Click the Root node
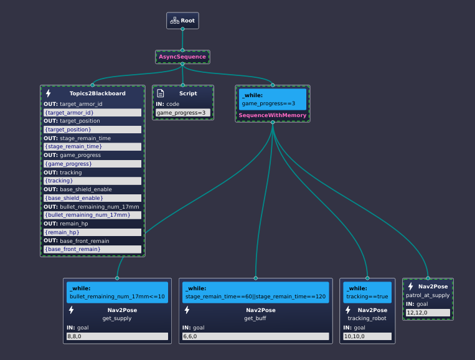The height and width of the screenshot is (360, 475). pyautogui.click(x=182, y=21)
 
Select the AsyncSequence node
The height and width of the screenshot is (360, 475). pyautogui.click(x=182, y=57)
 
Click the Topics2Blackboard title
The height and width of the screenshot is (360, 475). pyautogui.click(x=98, y=93)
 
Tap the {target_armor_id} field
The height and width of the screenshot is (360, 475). pyautogui.click(x=92, y=113)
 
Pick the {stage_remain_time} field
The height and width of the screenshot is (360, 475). pyautogui.click(x=92, y=146)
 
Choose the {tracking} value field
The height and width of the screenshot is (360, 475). pyautogui.click(x=92, y=181)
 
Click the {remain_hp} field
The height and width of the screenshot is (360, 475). pyautogui.click(x=92, y=232)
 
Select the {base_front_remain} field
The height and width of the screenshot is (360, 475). pyautogui.click(x=92, y=249)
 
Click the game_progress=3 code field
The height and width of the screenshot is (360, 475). pyautogui.click(x=183, y=113)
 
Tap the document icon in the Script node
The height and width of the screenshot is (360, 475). pyautogui.click(x=161, y=93)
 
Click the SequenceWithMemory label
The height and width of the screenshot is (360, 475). pyautogui.click(x=272, y=115)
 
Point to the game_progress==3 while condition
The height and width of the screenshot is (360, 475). pyautogui.click(x=272, y=100)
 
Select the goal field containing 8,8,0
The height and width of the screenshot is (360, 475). pyautogui.click(x=117, y=336)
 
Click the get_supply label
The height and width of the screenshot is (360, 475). pyautogui.click(x=117, y=318)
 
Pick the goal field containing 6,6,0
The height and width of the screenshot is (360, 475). pyautogui.click(x=256, y=336)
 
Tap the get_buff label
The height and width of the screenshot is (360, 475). pyautogui.click(x=255, y=318)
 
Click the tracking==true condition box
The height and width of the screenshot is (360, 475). pyautogui.click(x=367, y=293)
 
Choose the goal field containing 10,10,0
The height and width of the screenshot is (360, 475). pyautogui.click(x=367, y=336)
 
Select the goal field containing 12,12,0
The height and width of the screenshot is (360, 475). pyautogui.click(x=428, y=313)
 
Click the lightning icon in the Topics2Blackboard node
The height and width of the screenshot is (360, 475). pyautogui.click(x=48, y=93)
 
